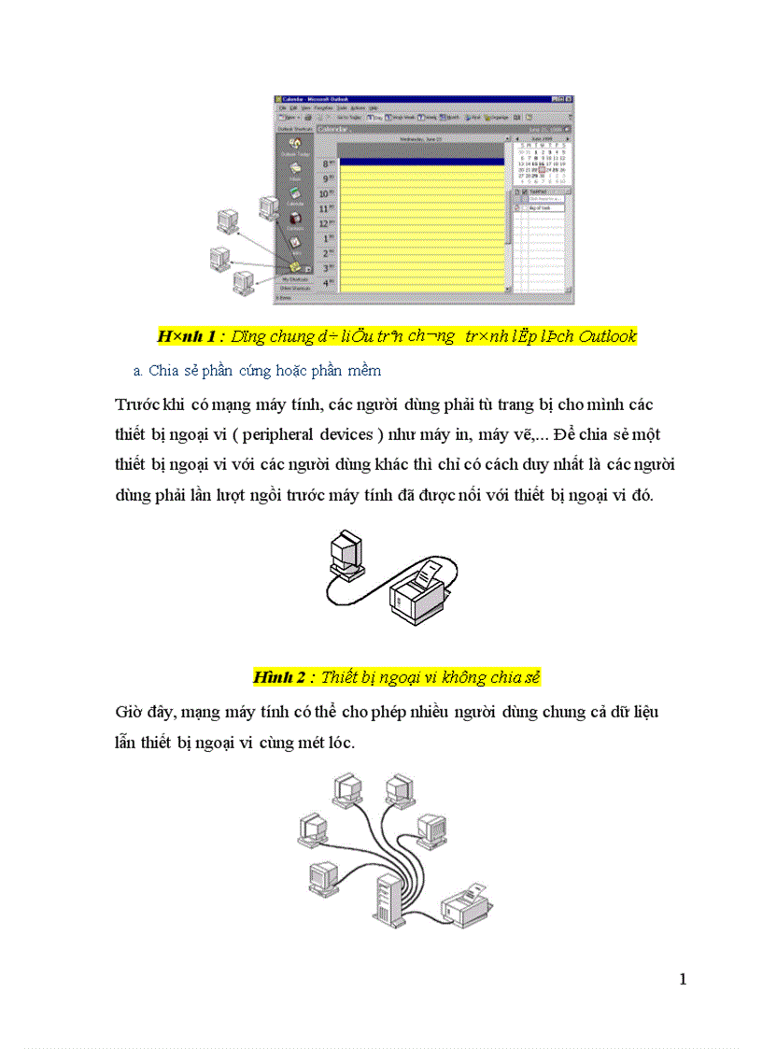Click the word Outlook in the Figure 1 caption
[x=606, y=336]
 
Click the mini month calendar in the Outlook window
[x=542, y=162]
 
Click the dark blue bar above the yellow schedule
[x=419, y=159]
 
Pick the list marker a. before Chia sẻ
[x=137, y=371]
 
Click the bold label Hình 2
[x=278, y=676]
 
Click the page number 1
[x=683, y=979]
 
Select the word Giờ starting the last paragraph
[x=127, y=712]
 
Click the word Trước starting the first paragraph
[x=136, y=404]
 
